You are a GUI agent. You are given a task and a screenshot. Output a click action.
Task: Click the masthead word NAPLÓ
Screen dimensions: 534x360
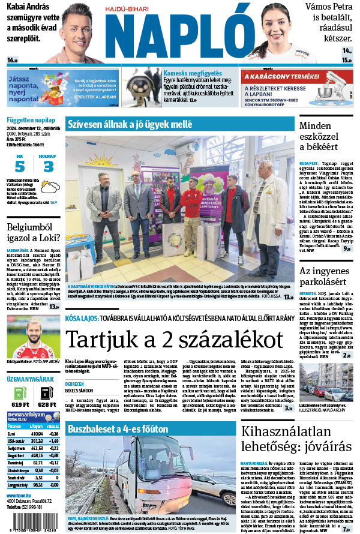tap(179, 37)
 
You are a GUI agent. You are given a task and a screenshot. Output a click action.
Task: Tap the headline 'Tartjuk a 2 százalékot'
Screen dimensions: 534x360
tap(174, 340)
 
